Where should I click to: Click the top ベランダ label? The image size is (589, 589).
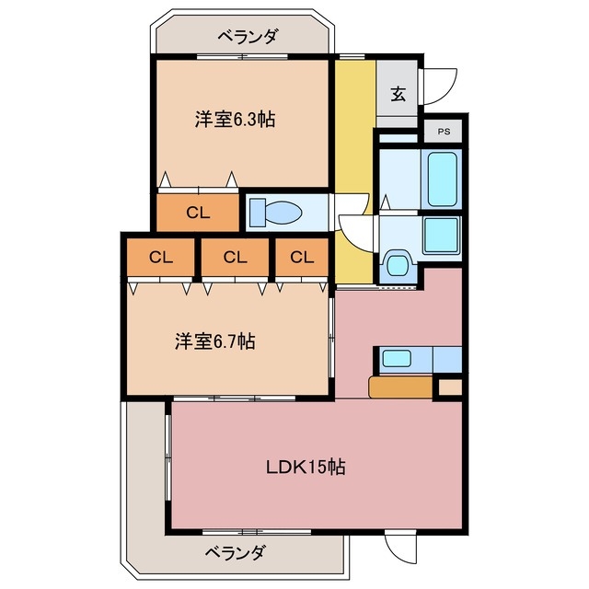247,37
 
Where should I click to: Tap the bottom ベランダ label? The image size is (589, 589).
235,553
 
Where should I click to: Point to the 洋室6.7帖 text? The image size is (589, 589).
215,341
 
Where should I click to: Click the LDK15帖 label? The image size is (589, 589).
306,467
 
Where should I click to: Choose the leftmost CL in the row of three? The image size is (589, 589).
160,257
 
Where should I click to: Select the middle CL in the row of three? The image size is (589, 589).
236,257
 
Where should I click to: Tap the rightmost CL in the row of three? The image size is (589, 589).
302,257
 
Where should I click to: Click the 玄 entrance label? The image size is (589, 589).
398,94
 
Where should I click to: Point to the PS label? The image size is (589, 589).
444,131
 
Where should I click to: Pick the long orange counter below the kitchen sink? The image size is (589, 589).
400,387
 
